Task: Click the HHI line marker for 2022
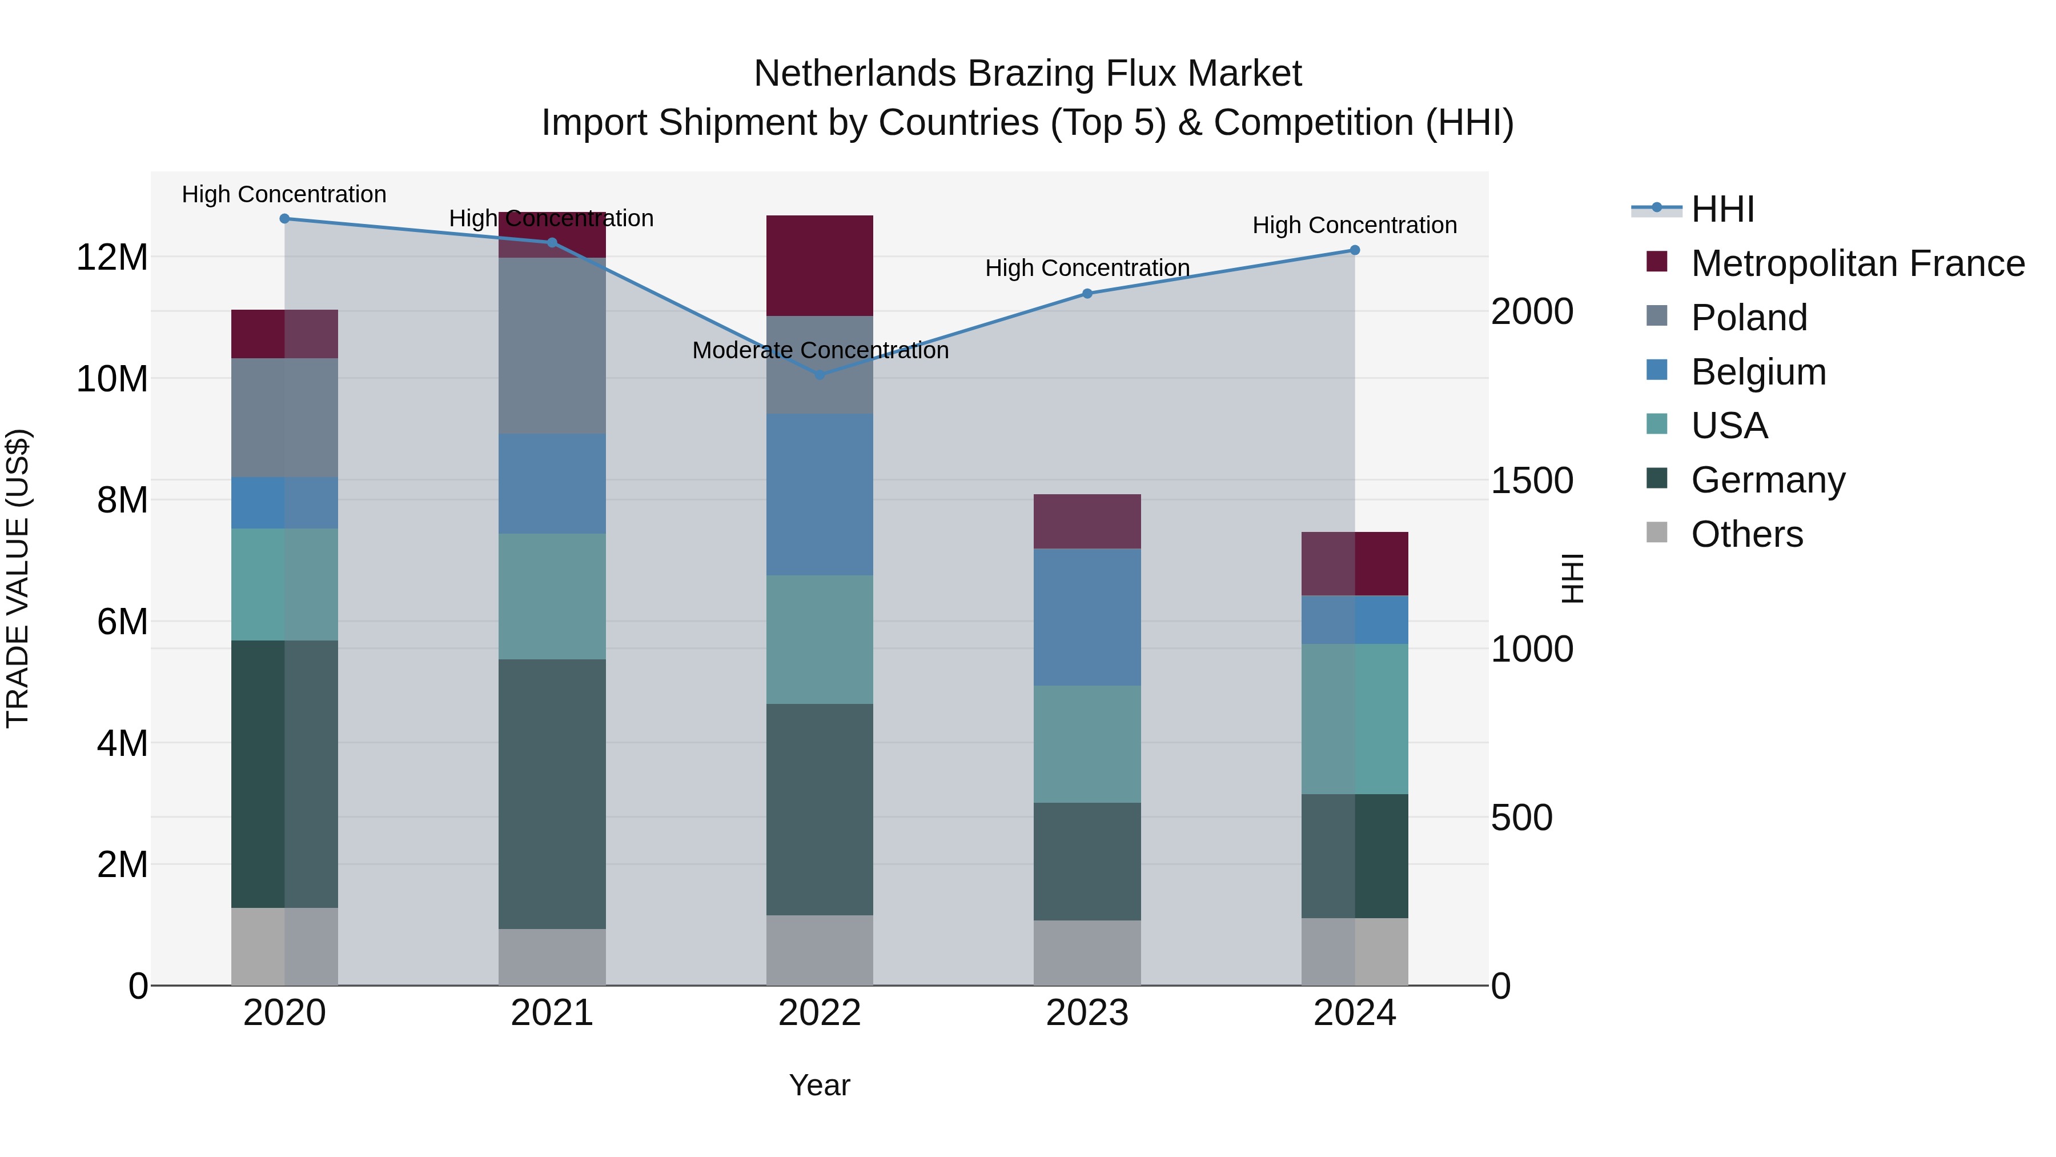(820, 374)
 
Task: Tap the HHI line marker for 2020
(285, 219)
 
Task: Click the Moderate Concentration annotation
(820, 351)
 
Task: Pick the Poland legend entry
(1748, 318)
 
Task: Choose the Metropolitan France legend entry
(1857, 263)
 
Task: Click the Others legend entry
(1746, 534)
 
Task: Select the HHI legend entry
(1722, 209)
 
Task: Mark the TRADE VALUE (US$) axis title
(18, 578)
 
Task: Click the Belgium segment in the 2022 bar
(820, 494)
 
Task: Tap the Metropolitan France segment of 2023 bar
(1087, 522)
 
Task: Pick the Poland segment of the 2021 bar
(552, 346)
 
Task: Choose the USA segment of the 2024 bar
(1355, 719)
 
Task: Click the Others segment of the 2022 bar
(820, 950)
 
